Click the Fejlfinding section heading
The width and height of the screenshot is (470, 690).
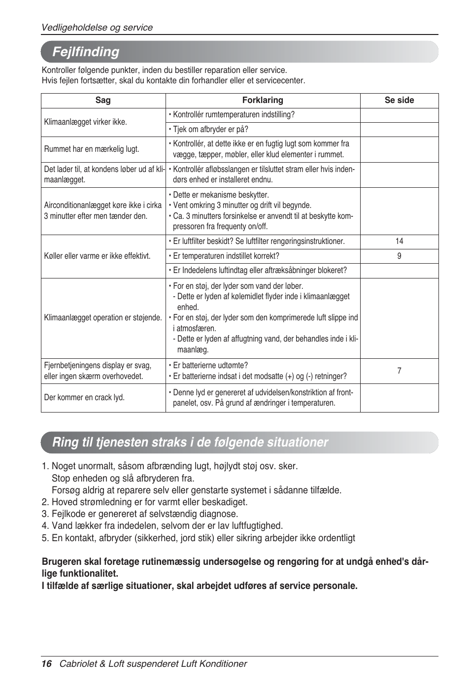click(86, 52)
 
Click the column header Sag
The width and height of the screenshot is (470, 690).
click(103, 100)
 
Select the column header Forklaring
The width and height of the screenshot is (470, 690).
click(263, 100)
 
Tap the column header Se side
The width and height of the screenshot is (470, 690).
click(399, 100)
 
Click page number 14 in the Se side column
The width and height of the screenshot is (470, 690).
click(399, 241)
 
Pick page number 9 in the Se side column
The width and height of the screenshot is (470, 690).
click(399, 256)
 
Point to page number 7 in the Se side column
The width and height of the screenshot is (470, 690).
click(399, 371)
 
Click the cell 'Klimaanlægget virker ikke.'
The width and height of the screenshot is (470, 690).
click(85, 122)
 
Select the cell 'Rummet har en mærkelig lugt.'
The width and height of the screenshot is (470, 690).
click(92, 149)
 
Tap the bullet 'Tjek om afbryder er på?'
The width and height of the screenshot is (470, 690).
click(210, 129)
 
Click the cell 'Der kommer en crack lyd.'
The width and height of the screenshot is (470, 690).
click(84, 397)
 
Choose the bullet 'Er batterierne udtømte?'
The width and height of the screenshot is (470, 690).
click(210, 365)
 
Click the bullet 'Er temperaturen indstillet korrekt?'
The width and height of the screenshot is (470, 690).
click(226, 256)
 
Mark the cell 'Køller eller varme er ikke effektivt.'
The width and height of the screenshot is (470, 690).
click(97, 256)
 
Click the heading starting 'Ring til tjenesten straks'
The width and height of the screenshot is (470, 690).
click(190, 442)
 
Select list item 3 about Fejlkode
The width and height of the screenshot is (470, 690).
click(140, 514)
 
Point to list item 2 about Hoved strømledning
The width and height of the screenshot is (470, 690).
click(144, 502)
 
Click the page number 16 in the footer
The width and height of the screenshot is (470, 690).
click(46, 663)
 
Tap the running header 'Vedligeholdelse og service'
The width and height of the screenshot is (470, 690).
click(97, 28)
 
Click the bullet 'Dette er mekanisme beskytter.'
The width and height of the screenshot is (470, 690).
click(220, 195)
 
